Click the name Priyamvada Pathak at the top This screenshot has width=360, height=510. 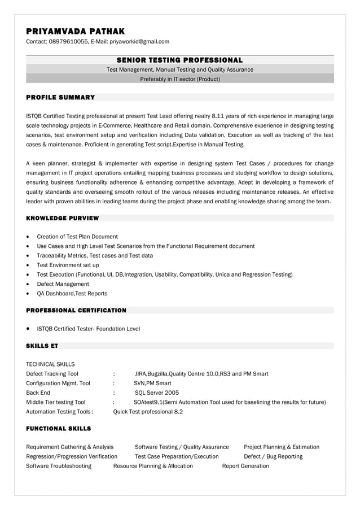75,31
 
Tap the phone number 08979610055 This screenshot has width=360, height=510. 68,42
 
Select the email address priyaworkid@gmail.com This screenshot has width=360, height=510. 139,42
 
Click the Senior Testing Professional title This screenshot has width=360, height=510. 179,60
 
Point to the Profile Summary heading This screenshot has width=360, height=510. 60,98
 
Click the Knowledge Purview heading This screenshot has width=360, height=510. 62,218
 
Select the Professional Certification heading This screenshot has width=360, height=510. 76,310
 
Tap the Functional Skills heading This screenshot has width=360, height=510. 58,429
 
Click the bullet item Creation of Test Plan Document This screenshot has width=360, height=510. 77,237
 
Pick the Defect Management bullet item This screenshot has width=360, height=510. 63,284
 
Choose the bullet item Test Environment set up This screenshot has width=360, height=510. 68,265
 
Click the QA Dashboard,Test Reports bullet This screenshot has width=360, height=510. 72,294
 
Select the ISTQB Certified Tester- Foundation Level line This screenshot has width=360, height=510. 88,329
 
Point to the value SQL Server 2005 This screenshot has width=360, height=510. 157,393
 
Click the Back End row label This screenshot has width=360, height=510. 38,393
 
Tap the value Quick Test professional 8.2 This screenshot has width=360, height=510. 148,412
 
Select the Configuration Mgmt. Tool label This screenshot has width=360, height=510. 58,383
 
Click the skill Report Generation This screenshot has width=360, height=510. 245,466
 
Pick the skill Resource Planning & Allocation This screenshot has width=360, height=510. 153,466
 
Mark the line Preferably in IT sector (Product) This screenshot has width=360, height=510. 179,79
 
